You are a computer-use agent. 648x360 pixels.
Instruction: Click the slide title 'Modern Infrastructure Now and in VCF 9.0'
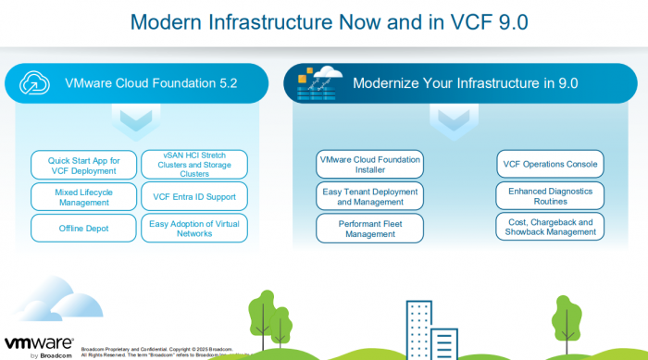(x=323, y=21)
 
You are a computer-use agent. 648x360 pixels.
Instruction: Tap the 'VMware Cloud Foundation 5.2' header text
(x=151, y=83)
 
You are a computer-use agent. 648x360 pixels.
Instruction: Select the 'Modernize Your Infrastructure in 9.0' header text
(x=465, y=83)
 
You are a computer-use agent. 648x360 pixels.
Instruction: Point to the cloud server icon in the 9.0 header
(x=318, y=82)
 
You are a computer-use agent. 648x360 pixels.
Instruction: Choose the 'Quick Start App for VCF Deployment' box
(x=84, y=166)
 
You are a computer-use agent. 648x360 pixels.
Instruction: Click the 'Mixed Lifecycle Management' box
(x=84, y=196)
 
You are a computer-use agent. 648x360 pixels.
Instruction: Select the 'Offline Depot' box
(x=84, y=227)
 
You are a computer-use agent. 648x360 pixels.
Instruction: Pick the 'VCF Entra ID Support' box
(x=193, y=196)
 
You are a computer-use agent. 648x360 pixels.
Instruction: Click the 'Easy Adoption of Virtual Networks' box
(x=193, y=227)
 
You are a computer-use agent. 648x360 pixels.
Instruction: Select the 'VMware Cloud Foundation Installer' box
(x=369, y=165)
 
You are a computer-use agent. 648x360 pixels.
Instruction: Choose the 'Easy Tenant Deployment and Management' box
(x=369, y=196)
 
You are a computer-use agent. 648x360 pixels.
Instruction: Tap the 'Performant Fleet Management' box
(x=369, y=228)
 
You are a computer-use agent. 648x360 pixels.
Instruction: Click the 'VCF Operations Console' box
(x=550, y=165)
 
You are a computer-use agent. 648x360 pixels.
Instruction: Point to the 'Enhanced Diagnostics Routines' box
(x=550, y=196)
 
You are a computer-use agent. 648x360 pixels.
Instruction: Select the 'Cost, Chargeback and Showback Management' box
(x=550, y=227)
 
